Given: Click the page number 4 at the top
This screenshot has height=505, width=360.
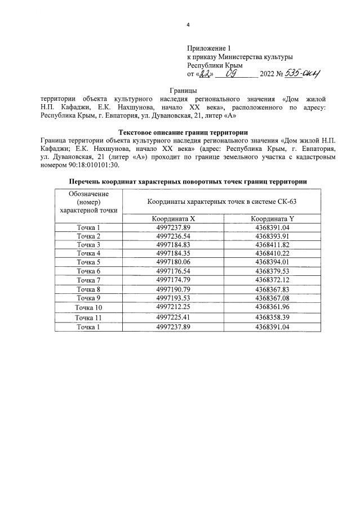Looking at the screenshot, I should click(x=188, y=24).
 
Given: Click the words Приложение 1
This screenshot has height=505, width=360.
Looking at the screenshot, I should click(x=208, y=49).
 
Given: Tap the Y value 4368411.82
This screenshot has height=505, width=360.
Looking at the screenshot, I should click(x=272, y=245).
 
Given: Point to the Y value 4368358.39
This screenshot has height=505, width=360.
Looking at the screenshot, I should click(x=272, y=318).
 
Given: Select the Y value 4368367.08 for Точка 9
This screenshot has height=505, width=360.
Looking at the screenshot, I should click(x=272, y=297).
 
